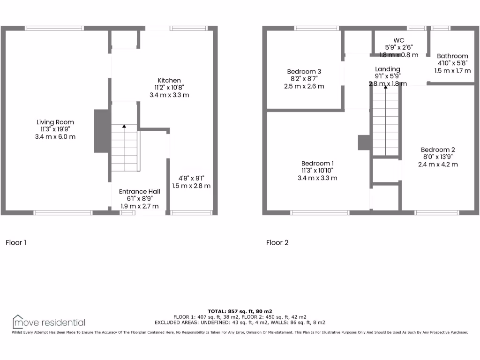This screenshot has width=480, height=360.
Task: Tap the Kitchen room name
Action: coord(169,81)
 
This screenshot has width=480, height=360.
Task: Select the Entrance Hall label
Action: coord(139,191)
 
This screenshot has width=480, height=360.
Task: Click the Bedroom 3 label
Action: coord(304,72)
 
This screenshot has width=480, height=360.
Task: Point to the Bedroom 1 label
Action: coord(317,163)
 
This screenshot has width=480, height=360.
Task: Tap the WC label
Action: coord(399,40)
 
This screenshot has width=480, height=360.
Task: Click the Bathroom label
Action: coord(452,56)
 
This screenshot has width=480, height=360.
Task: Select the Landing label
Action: coord(387,69)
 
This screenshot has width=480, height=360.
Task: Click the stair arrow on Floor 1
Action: coord(124,126)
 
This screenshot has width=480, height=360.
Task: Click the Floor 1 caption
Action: coord(16,242)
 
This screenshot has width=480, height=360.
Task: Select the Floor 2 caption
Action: coord(277,242)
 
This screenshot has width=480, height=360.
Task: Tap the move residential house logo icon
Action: coord(18,321)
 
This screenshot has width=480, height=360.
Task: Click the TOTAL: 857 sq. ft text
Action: coord(240,311)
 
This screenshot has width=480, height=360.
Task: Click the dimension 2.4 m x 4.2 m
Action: coord(437,164)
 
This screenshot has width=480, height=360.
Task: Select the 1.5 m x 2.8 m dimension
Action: coord(191,186)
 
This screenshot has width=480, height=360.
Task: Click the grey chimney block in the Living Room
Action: coord(101,131)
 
